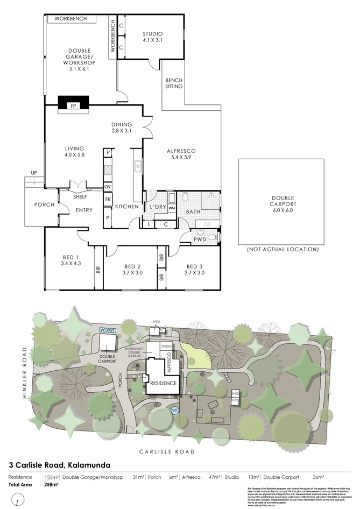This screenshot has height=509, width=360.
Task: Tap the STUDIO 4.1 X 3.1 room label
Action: click(152, 37)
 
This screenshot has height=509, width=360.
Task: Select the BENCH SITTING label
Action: click(174, 83)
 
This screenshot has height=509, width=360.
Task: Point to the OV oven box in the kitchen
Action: click(108, 186)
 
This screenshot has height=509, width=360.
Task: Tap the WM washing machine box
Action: click(172, 208)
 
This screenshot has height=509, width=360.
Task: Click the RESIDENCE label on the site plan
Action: click(163, 383)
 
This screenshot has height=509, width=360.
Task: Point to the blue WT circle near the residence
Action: click(174, 410)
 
